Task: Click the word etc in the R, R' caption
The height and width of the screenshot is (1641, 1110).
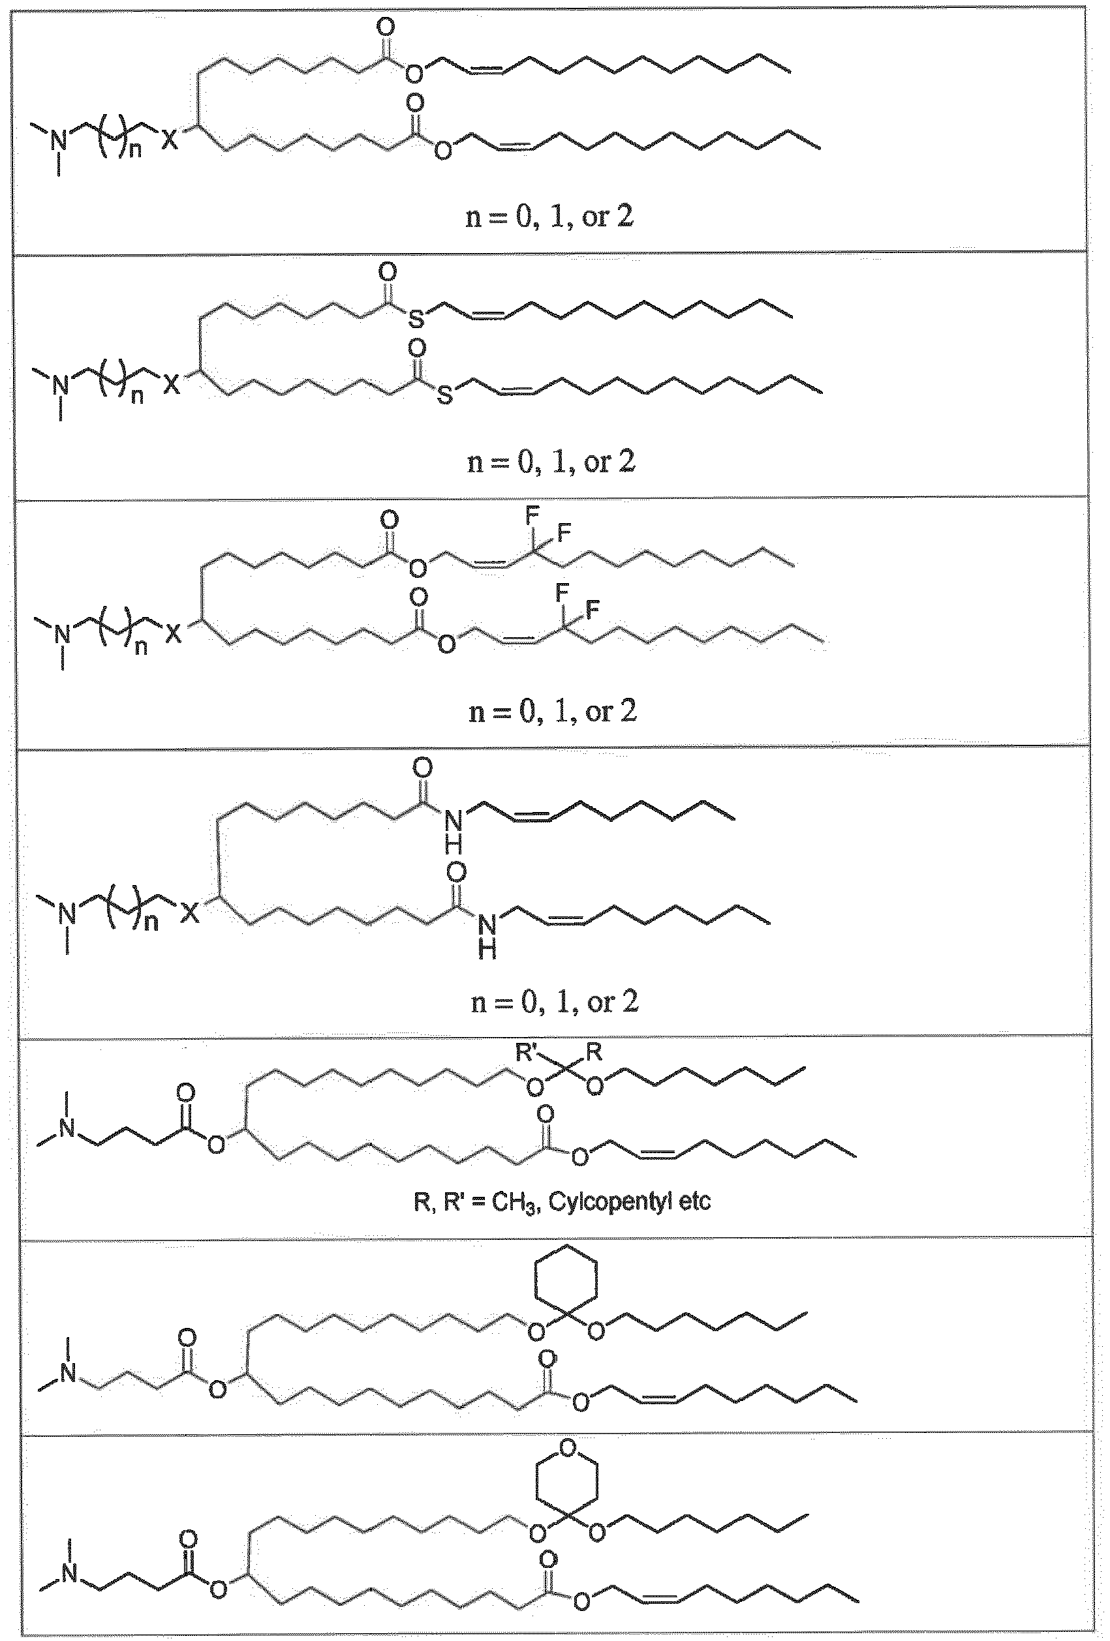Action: pyautogui.click(x=693, y=1202)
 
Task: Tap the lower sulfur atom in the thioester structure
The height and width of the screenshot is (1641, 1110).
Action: pyautogui.click(x=444, y=395)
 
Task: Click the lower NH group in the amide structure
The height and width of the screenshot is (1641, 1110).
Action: pyautogui.click(x=487, y=935)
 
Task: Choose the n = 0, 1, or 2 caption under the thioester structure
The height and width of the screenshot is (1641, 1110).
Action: pyautogui.click(x=551, y=462)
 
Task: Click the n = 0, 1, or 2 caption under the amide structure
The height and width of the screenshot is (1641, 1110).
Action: pyautogui.click(x=555, y=1002)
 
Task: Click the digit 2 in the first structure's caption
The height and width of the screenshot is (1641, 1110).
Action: pyautogui.click(x=624, y=217)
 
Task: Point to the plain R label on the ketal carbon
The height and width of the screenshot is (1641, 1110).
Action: pyautogui.click(x=594, y=1053)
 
